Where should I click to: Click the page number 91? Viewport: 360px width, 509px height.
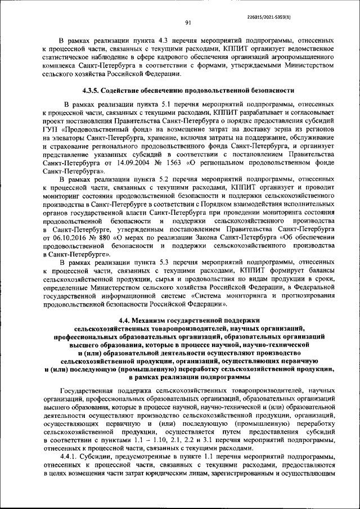tap(188, 22)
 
